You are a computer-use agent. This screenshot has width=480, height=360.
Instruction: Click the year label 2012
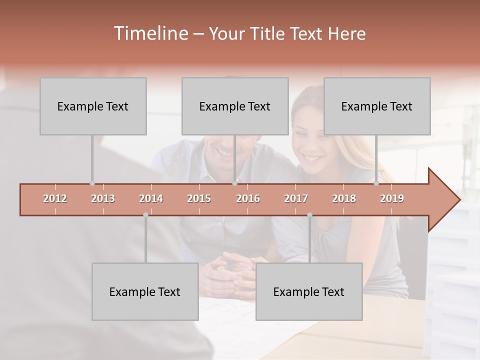tap(55, 198)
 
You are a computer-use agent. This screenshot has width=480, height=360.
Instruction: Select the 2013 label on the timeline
tap(103, 198)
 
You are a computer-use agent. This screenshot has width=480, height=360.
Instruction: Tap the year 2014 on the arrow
tap(151, 198)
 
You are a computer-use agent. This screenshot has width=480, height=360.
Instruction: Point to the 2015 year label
tap(199, 198)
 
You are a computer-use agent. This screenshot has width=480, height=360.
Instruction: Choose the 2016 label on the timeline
tap(248, 198)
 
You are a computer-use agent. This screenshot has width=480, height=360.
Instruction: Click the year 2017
tap(296, 198)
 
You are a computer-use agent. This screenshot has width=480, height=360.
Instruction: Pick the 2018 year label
tap(344, 198)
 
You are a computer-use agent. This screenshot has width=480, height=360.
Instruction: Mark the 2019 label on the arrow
tap(392, 198)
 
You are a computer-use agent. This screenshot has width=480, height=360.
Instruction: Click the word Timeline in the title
tap(150, 33)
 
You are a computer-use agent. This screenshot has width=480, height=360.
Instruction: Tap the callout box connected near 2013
tap(93, 106)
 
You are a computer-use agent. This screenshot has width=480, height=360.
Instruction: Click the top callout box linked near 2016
tap(235, 106)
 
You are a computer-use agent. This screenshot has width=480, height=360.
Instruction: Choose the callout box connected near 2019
tap(377, 106)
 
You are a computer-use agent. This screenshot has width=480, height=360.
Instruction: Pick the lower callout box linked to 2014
tap(145, 291)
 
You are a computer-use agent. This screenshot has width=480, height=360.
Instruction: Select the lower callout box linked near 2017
tap(309, 291)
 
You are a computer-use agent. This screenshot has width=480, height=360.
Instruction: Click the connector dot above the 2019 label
tap(376, 183)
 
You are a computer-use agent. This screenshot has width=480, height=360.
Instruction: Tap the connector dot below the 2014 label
tap(145, 215)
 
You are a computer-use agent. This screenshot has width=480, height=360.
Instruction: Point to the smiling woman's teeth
tap(312, 158)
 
